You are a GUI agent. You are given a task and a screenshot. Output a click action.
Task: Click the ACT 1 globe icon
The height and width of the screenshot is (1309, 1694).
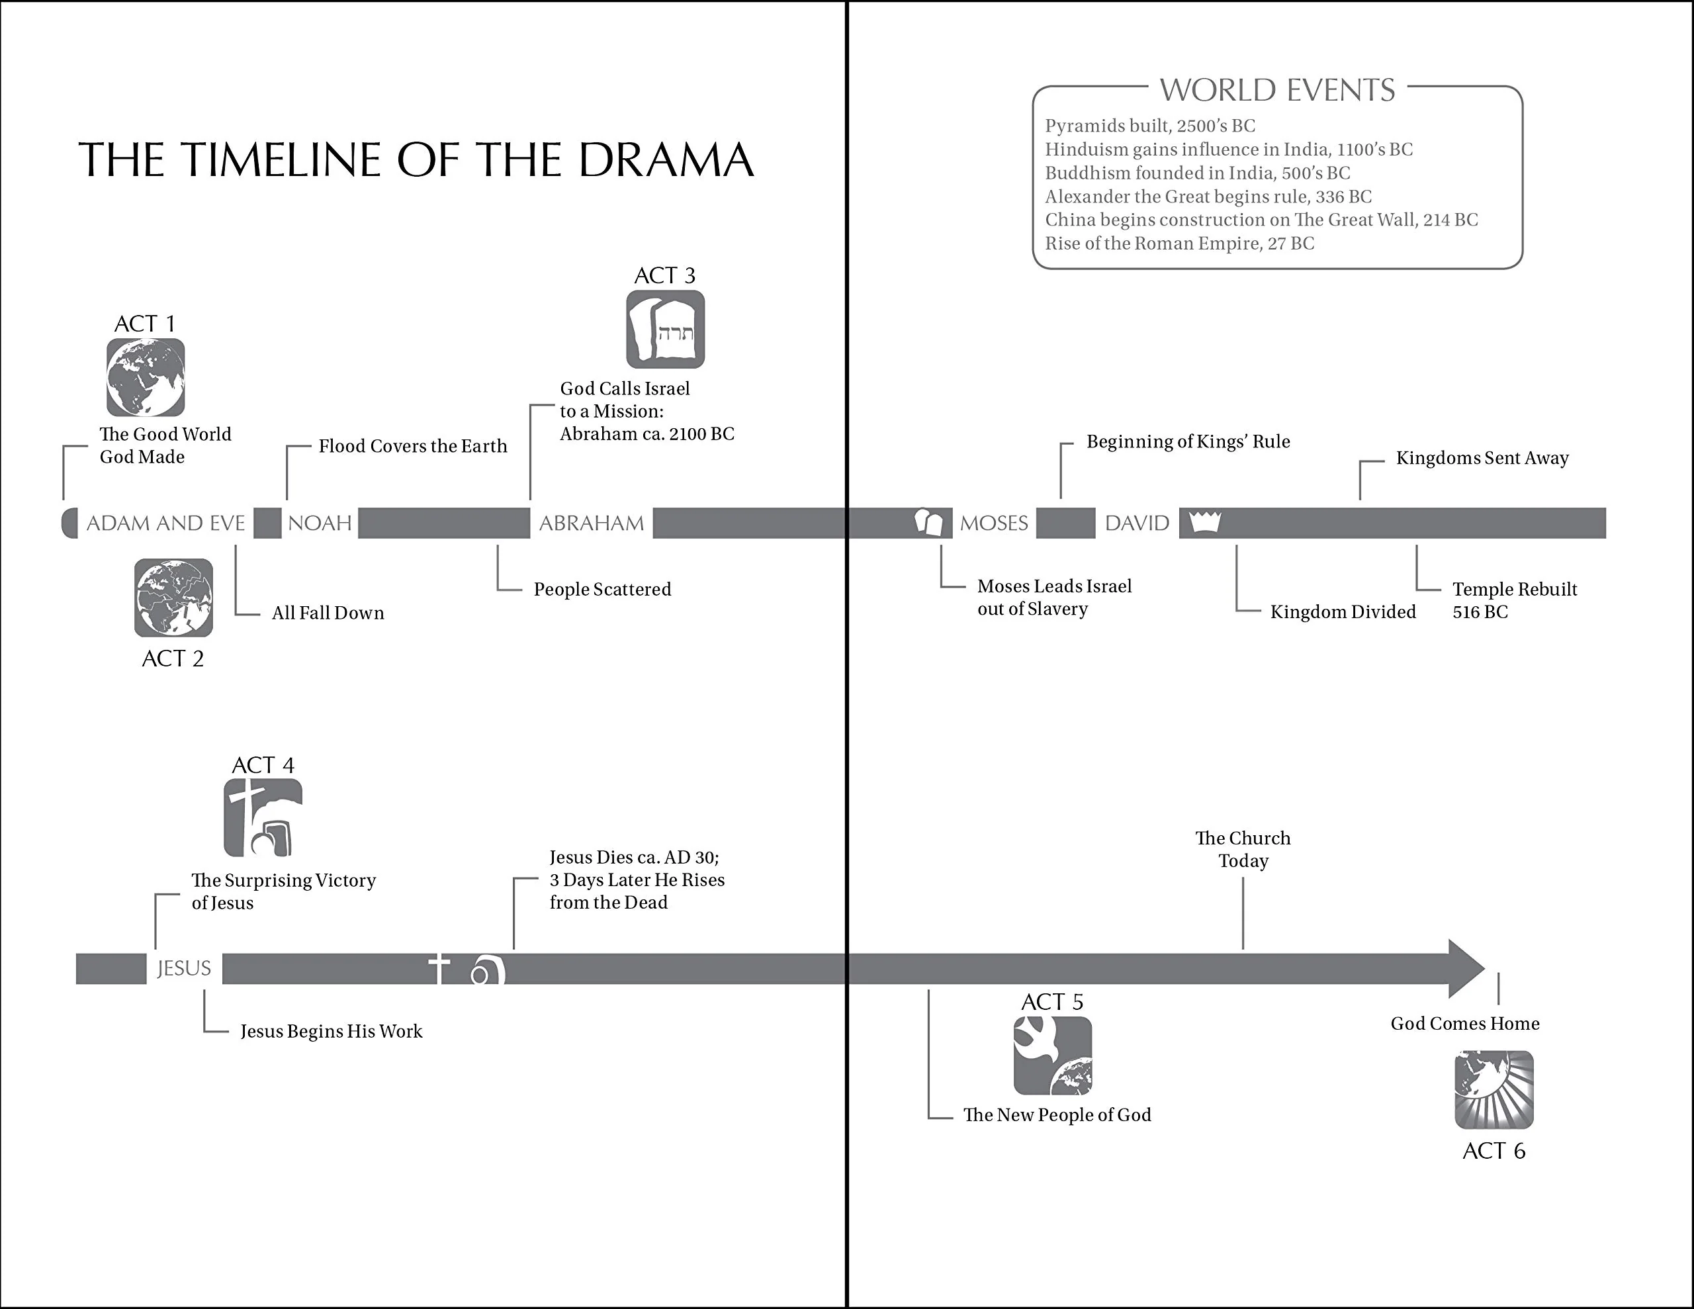[146, 377]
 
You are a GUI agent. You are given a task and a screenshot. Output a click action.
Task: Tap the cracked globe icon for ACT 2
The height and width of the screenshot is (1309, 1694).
[173, 598]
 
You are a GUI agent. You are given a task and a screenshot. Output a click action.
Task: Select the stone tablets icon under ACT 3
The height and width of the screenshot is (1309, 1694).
[666, 329]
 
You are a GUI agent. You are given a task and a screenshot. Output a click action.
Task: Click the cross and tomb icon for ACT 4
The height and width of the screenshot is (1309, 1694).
[263, 818]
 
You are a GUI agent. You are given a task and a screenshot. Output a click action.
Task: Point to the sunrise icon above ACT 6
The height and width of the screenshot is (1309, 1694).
[1494, 1089]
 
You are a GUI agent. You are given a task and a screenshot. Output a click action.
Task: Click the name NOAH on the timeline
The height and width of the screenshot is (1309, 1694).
[320, 523]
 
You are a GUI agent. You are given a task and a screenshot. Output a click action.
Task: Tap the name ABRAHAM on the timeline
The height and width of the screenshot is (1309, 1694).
[591, 523]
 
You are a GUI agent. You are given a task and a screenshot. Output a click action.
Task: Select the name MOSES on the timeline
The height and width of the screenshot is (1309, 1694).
[994, 523]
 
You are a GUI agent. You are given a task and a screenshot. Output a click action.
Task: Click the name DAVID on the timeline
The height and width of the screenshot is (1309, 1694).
[1136, 523]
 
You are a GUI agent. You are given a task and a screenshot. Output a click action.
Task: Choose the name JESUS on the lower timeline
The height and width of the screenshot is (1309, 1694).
[184, 968]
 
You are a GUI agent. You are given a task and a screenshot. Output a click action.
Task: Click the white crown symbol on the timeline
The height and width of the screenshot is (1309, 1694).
[1204, 521]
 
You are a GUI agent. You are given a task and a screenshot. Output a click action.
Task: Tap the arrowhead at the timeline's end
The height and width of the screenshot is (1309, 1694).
[1464, 968]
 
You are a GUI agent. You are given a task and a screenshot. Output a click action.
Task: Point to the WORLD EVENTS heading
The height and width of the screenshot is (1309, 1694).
[1276, 90]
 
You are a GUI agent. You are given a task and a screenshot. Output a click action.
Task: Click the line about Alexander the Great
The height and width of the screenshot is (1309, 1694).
[1208, 197]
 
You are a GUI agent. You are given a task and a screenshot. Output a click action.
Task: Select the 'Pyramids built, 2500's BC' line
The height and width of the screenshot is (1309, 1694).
[1149, 126]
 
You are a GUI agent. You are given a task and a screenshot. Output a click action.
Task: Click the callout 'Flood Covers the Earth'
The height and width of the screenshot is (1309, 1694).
[413, 446]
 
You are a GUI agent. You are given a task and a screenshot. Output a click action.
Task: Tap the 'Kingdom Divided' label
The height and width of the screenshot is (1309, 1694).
[1343, 611]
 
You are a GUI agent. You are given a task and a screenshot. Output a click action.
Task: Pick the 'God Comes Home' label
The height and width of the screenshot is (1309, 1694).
[1464, 1024]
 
